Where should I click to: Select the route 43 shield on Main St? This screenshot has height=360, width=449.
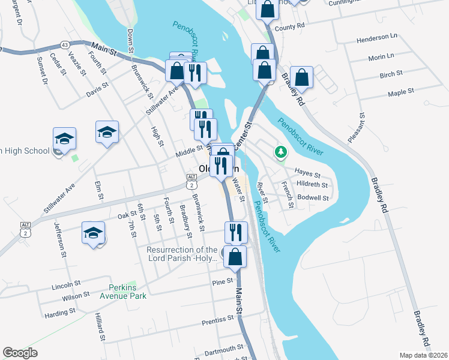[64, 45]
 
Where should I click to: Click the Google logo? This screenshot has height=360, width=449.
[20, 353]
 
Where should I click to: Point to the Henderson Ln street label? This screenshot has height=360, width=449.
[377, 37]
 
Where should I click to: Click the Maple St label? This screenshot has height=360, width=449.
[401, 92]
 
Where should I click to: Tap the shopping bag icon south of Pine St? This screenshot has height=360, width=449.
[237, 257]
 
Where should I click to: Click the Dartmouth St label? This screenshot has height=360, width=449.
[223, 347]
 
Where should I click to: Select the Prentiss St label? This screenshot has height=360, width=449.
[218, 319]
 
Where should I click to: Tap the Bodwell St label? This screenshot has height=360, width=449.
[313, 197]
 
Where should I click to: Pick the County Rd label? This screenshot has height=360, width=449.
[290, 27]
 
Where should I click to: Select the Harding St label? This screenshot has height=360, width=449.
[59, 312]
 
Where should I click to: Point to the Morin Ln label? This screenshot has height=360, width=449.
[381, 57]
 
